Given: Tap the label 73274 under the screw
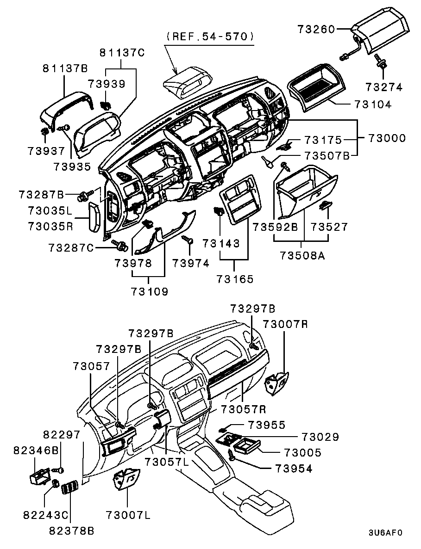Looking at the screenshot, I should click(383, 86).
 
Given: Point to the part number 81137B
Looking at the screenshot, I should click(65, 69).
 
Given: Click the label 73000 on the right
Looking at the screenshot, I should click(387, 138).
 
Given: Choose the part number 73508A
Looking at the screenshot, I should click(302, 255).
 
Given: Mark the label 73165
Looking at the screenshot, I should click(235, 279).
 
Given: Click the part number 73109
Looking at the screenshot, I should click(149, 291).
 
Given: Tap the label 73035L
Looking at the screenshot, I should click(50, 211).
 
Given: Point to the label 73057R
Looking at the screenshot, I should click(243, 409).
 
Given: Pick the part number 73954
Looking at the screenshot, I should click(294, 468).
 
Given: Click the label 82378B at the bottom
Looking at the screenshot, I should click(72, 531).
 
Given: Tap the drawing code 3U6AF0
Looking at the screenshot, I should click(385, 532).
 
